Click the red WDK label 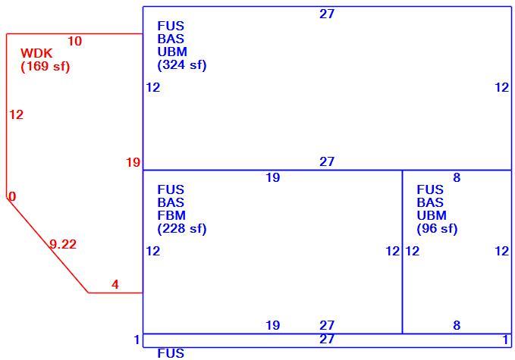tap(36, 53)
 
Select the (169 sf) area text tap(46, 66)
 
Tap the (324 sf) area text tap(182, 64)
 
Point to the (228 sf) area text tap(182, 228)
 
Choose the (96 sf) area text tap(437, 228)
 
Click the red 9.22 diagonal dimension tap(63, 244)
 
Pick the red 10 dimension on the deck tap(74, 42)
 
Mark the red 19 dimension tap(133, 162)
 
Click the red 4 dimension tap(115, 284)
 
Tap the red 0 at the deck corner tap(12, 196)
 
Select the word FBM tap(171, 215)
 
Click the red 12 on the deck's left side tap(16, 115)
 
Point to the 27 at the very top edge tap(327, 14)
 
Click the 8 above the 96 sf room tap(457, 177)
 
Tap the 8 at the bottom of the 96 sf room tap(457, 325)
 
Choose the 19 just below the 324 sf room tap(272, 177)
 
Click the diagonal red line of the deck tap(48, 245)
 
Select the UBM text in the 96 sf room tap(432, 215)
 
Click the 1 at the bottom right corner tap(506, 340)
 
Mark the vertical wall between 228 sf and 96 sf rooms tap(402, 252)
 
